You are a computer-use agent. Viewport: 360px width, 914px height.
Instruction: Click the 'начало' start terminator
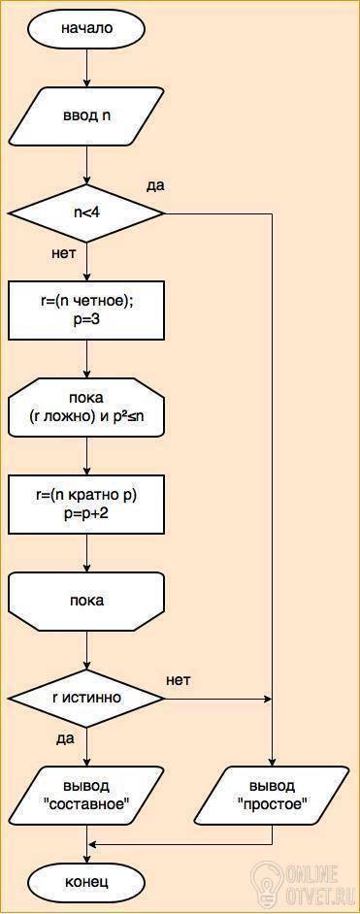click(86, 27)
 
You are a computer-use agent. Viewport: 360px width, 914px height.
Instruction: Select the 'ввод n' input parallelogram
click(86, 115)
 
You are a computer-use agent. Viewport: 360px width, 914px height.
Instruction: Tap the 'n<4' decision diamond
click(86, 213)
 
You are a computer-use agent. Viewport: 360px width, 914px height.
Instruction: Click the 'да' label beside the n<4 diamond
click(155, 186)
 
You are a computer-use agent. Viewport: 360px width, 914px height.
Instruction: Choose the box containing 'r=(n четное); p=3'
click(86, 310)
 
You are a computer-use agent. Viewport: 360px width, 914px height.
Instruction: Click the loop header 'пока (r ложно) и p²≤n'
click(86, 407)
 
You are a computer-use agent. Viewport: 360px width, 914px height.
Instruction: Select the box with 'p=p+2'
click(86, 504)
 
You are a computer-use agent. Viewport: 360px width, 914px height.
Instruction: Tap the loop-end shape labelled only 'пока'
click(86, 601)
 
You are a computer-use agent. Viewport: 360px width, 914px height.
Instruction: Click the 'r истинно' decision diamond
click(86, 698)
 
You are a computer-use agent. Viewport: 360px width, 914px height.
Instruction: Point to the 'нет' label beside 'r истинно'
click(179, 679)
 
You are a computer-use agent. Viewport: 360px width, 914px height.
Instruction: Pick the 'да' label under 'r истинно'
click(65, 739)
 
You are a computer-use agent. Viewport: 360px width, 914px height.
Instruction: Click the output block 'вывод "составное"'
click(86, 795)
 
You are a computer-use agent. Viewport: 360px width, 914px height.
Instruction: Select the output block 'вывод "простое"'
click(272, 795)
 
